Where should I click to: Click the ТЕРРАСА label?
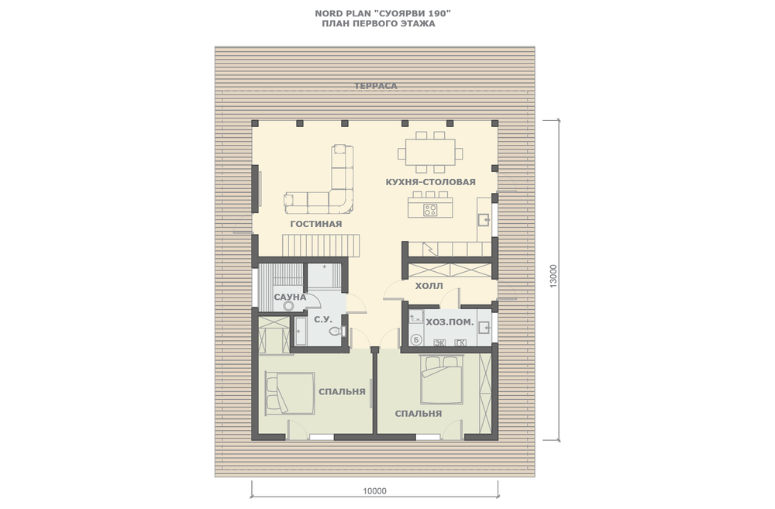point(376,86)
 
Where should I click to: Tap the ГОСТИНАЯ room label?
point(316,224)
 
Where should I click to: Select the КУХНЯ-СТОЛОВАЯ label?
point(430,182)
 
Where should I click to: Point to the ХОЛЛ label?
point(429,286)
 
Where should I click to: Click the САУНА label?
point(290,297)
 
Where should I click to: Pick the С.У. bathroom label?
point(322,320)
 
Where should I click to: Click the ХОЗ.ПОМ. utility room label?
point(449,322)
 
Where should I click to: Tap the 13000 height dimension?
point(553,275)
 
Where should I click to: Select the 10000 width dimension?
point(374,491)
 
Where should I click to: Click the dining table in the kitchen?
point(430,152)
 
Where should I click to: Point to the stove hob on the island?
point(430,210)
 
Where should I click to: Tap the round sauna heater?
point(288,306)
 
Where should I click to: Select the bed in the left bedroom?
point(290,394)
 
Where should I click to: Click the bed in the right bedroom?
point(442,380)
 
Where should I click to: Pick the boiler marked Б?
point(416,339)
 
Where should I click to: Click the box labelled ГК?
point(460,342)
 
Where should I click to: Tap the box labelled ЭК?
point(439,342)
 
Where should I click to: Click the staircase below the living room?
point(321,246)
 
